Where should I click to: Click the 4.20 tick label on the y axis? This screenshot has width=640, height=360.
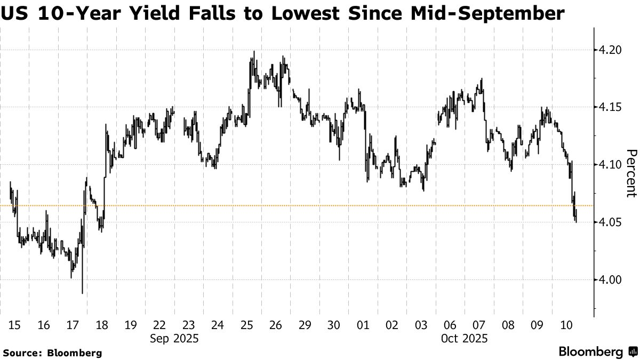click(x=610, y=50)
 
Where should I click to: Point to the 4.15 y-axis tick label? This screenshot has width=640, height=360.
click(x=610, y=108)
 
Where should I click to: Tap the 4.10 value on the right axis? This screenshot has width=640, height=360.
click(x=610, y=165)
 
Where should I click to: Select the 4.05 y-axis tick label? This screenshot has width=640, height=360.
click(x=610, y=222)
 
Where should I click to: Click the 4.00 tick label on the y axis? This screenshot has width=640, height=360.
click(x=610, y=280)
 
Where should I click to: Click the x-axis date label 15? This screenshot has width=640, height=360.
click(x=15, y=325)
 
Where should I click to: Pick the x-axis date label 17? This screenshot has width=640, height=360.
click(x=73, y=325)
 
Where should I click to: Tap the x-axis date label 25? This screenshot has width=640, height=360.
click(x=247, y=325)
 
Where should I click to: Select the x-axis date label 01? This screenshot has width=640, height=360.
click(x=363, y=325)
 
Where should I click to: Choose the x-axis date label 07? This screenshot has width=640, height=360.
click(x=478, y=325)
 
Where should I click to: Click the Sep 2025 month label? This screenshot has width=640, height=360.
click(x=174, y=339)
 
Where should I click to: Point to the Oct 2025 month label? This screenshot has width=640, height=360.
click(x=463, y=339)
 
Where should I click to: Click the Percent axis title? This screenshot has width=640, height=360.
click(x=630, y=173)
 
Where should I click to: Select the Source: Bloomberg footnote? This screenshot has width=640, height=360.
click(x=52, y=353)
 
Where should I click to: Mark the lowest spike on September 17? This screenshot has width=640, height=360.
click(x=82, y=293)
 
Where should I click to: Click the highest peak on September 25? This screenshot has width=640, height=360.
click(x=254, y=52)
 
